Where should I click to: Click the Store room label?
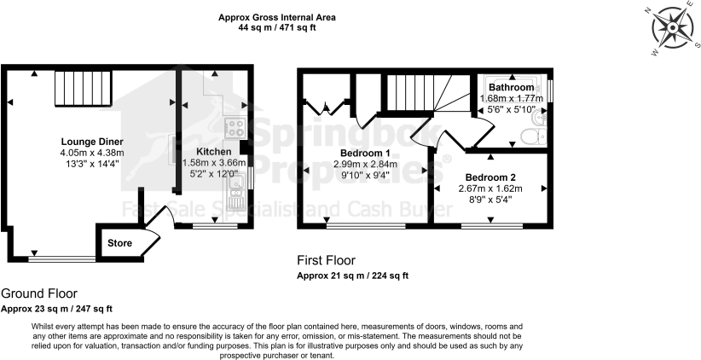120,243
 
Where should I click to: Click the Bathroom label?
512,88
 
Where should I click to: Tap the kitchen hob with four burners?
235,127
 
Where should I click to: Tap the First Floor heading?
326,260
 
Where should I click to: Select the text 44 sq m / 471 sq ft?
276,27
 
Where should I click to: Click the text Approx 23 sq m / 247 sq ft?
56,308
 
